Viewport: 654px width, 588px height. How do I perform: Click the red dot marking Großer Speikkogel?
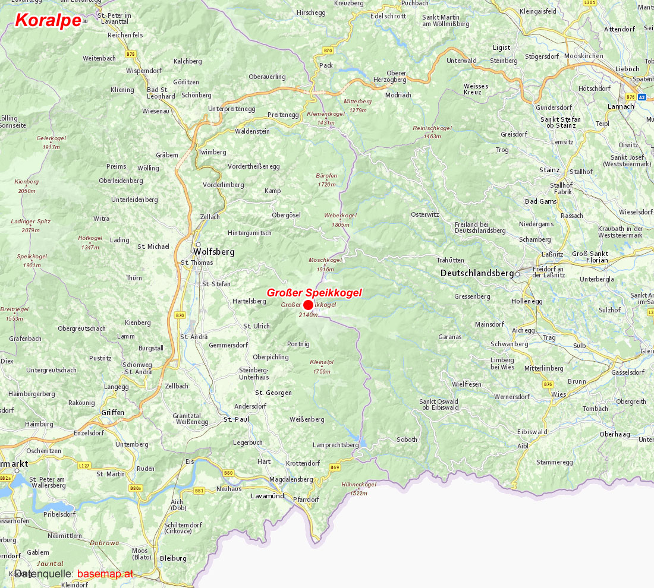[308, 305]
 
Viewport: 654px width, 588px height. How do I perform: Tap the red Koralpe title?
[48, 20]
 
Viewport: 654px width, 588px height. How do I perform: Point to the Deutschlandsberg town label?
[477, 273]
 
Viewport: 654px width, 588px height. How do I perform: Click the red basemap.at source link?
[105, 574]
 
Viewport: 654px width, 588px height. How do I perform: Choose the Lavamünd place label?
[267, 495]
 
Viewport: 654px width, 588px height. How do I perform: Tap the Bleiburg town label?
[173, 558]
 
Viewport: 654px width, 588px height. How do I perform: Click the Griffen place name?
[113, 412]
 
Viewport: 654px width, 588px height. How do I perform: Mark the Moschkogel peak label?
[325, 260]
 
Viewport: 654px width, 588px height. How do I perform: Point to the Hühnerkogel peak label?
[359, 485]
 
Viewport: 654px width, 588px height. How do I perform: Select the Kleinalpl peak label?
[322, 362]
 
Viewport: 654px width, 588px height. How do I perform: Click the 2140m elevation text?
[308, 315]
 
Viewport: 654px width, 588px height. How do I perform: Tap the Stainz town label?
[549, 170]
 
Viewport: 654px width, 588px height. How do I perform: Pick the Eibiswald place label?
[532, 432]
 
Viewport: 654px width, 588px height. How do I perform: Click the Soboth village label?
[407, 440]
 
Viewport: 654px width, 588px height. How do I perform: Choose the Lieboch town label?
[627, 69]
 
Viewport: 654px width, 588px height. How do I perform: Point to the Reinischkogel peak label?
[432, 128]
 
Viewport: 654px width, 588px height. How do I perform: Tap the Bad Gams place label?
[540, 201]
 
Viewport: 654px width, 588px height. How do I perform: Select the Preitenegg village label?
[283, 115]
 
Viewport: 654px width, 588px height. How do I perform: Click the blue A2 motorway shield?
[642, 96]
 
